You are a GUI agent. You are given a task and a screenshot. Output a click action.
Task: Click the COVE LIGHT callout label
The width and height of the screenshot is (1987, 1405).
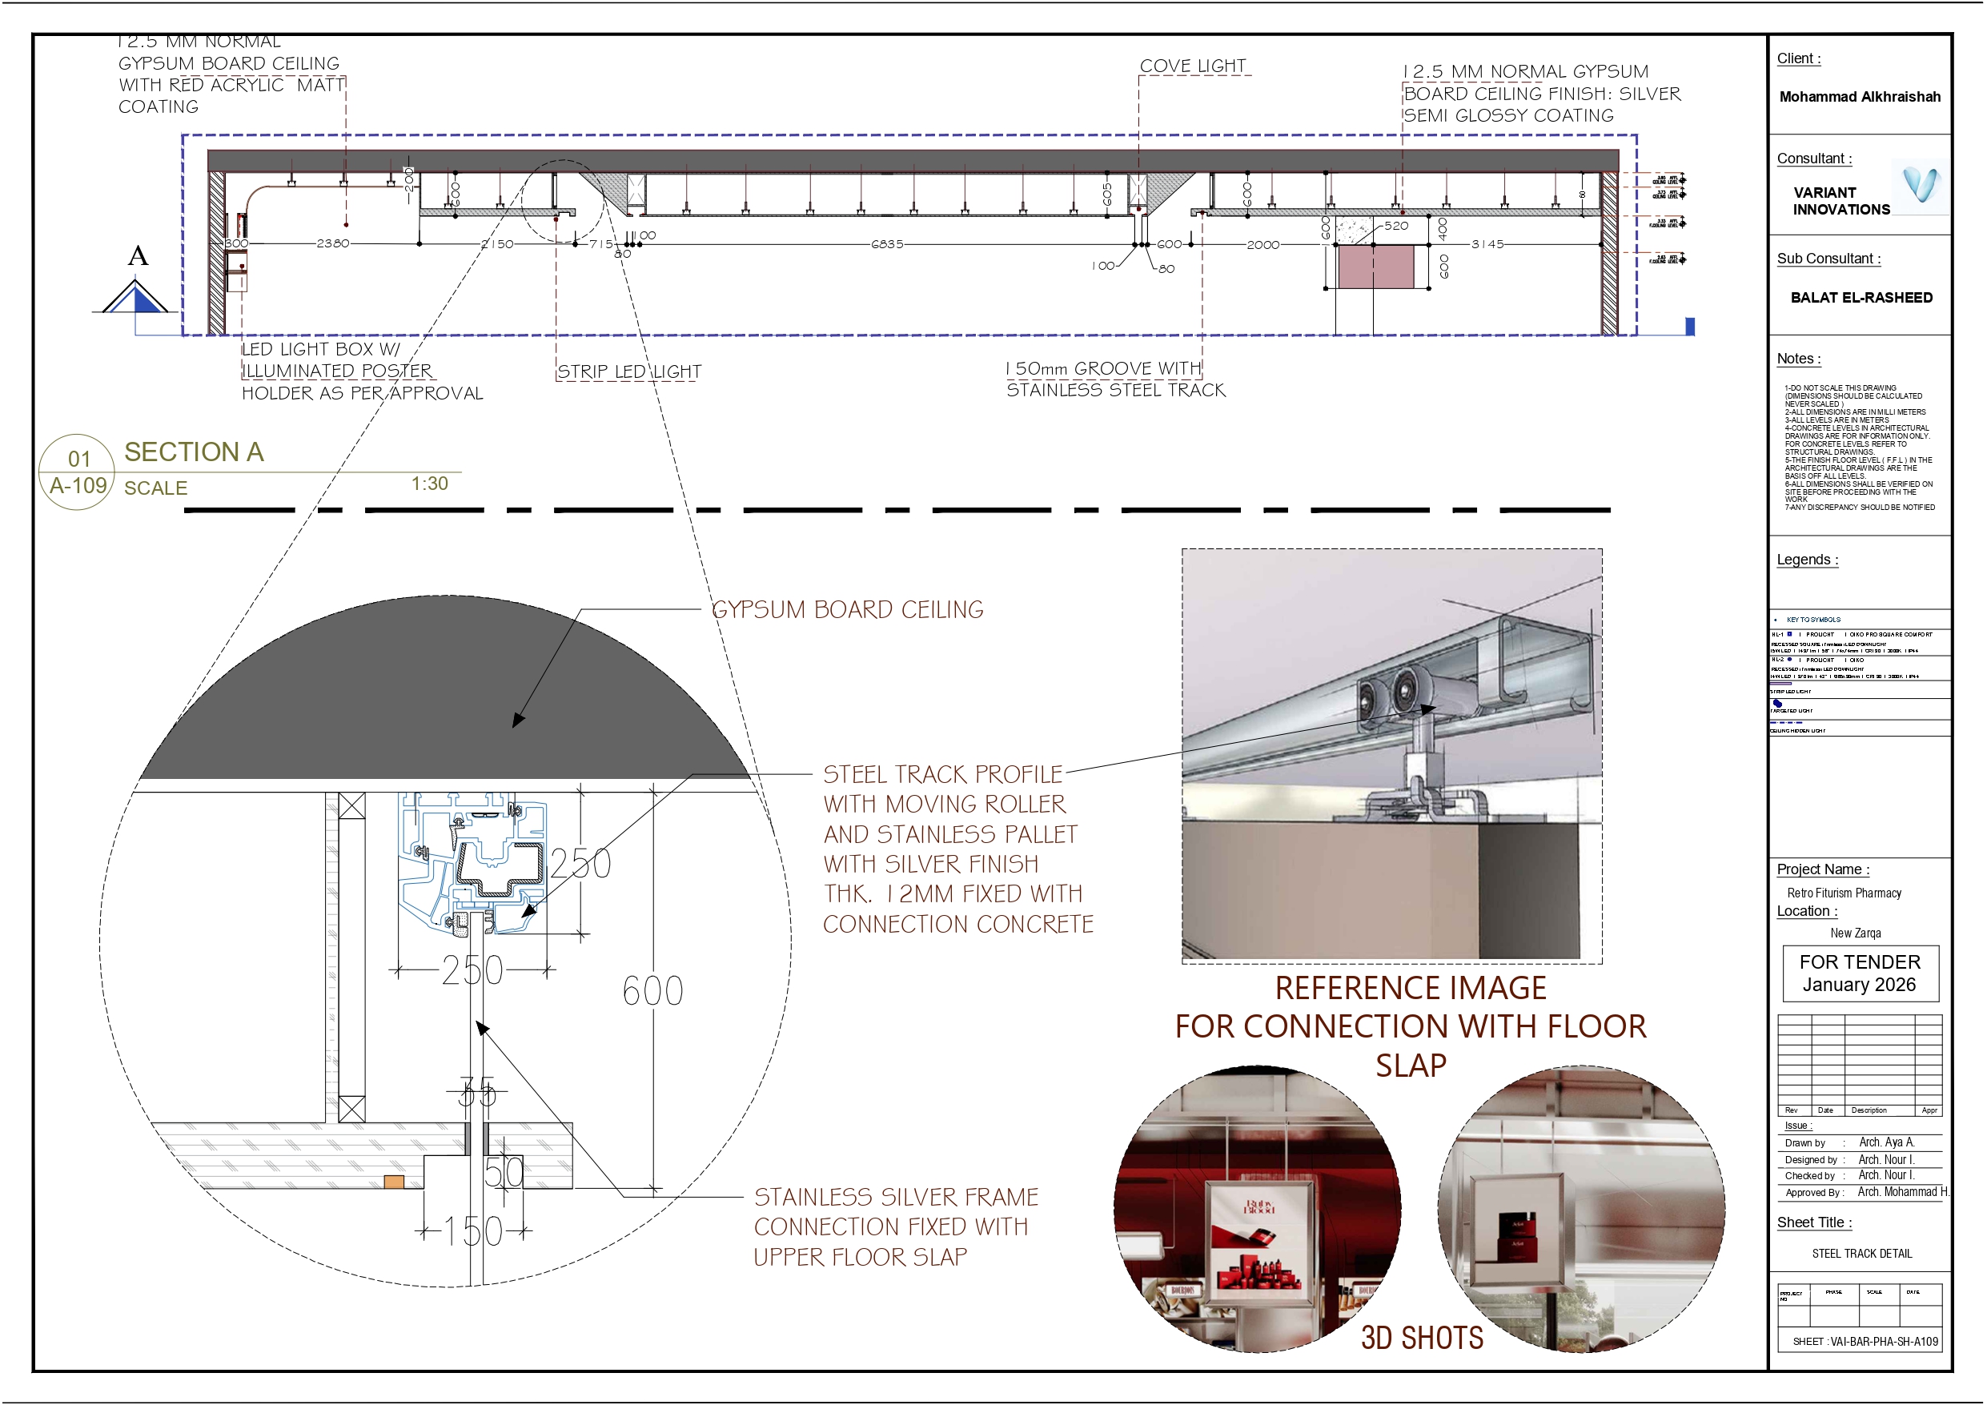(1192, 66)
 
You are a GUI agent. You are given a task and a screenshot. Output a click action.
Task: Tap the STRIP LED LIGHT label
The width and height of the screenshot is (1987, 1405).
(628, 371)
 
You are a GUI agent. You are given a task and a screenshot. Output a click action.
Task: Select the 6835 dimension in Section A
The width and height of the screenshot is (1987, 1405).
(887, 244)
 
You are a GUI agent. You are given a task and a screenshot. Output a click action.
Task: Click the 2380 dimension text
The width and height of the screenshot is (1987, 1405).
(332, 243)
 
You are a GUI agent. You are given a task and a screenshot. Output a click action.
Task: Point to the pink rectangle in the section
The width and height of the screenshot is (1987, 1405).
(1375, 266)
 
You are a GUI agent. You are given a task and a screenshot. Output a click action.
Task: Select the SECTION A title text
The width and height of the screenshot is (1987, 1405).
(194, 452)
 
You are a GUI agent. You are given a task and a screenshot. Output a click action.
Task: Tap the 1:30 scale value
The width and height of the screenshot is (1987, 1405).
(429, 484)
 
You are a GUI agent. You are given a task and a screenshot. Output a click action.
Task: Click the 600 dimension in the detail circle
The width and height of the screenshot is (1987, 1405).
(652, 991)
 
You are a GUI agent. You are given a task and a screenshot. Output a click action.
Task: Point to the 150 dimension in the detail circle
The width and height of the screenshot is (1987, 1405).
(472, 1231)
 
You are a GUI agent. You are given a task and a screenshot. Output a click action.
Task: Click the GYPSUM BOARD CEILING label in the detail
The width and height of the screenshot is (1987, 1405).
(846, 609)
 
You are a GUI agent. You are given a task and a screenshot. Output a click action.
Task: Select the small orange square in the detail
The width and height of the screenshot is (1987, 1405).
(394, 1182)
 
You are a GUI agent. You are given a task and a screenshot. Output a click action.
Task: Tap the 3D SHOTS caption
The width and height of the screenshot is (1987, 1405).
(1422, 1338)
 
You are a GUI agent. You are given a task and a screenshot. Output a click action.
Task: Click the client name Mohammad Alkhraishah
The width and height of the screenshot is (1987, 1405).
(1859, 97)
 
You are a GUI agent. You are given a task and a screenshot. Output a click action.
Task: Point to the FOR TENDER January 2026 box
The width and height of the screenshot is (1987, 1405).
(1860, 973)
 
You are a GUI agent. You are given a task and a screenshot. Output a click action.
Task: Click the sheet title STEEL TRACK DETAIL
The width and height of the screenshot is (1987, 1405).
(1861, 1254)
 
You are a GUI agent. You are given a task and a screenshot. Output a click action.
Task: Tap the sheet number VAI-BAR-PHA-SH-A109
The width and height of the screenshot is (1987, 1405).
(1865, 1342)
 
